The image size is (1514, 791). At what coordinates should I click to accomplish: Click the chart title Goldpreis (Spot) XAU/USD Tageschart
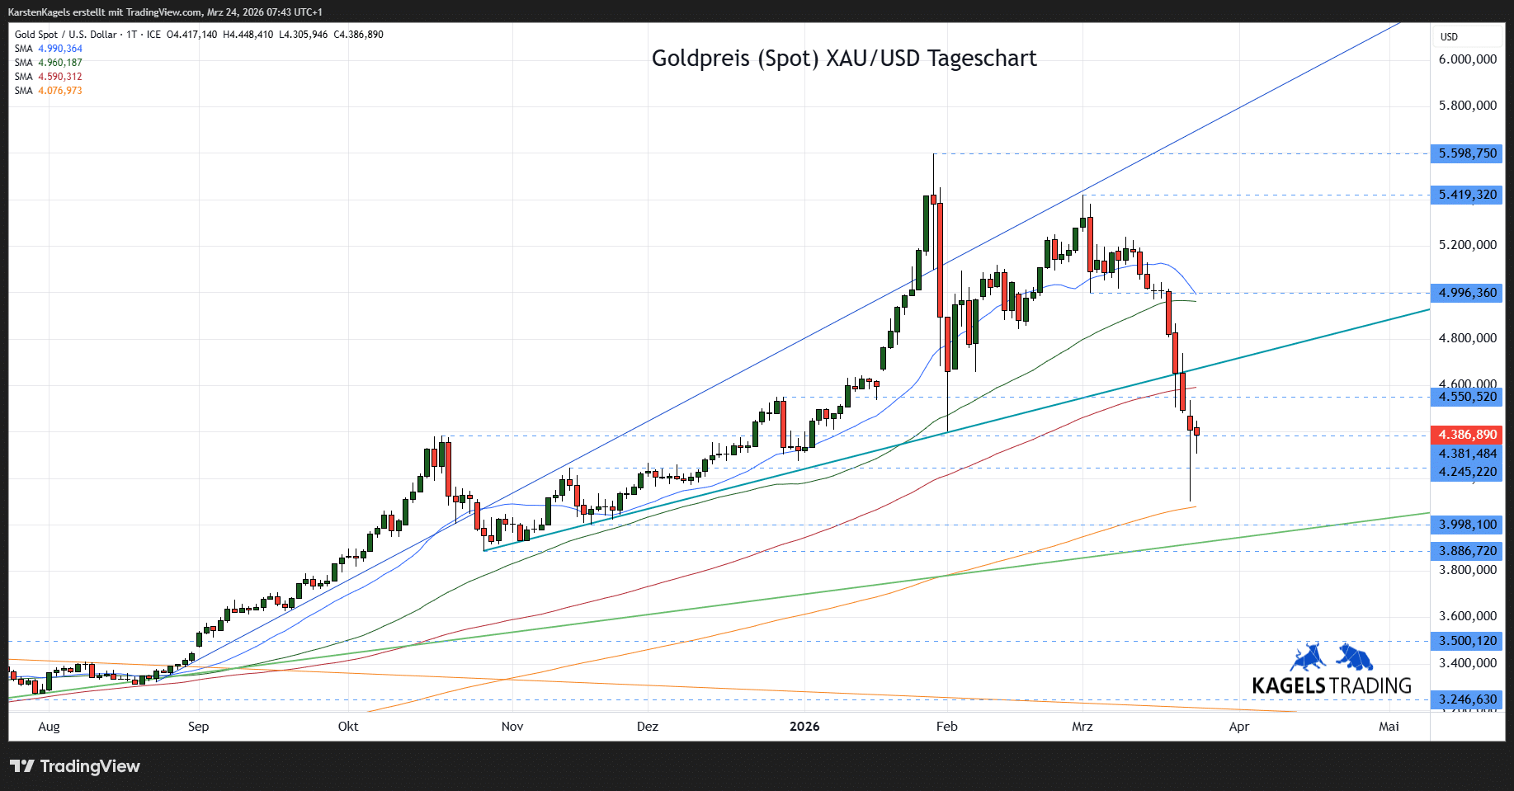843,59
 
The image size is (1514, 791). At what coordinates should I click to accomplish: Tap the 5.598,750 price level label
1467,153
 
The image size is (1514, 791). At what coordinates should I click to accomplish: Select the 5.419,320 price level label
1467,195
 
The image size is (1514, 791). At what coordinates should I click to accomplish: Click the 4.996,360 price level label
1467,293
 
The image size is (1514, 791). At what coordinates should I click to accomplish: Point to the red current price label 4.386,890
1467,435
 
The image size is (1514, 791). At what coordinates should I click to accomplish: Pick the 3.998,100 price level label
1467,525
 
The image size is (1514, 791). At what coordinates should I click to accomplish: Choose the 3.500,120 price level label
1467,641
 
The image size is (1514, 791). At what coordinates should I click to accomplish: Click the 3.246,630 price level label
1467,699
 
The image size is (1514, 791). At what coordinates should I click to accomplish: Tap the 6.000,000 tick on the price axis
1467,59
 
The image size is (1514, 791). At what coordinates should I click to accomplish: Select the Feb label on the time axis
946,727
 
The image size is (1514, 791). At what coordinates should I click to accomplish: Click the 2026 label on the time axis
804,727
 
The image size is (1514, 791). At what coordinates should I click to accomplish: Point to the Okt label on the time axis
348,727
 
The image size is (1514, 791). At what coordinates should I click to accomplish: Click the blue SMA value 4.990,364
60,49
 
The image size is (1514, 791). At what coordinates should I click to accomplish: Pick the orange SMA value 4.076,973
60,91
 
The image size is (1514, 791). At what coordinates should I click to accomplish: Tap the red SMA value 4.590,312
60,77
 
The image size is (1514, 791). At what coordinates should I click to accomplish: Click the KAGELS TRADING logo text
1331,686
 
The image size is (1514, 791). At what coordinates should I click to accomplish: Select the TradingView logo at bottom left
75,766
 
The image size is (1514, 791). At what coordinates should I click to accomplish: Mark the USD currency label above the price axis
1449,37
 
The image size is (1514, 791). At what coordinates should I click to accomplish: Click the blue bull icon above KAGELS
1307,657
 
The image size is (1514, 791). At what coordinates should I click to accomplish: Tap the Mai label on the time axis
1389,727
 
